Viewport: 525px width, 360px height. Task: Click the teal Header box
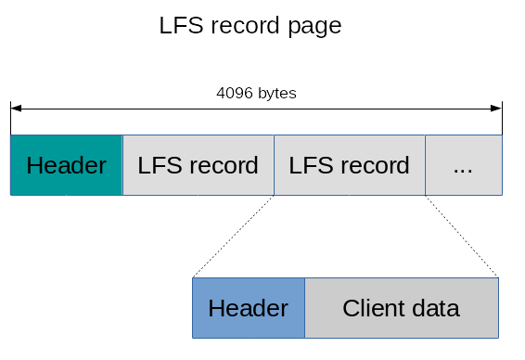(66, 165)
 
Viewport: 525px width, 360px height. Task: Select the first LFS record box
(198, 165)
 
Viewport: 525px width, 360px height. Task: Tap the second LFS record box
(350, 165)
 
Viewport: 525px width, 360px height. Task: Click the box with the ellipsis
(464, 165)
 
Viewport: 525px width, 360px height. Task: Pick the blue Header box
(248, 308)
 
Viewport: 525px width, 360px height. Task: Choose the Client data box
(401, 308)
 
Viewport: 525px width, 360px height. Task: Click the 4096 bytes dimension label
(256, 94)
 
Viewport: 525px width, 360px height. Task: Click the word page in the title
(313, 26)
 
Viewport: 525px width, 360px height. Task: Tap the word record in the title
(245, 26)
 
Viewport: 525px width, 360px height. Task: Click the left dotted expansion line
(234, 236)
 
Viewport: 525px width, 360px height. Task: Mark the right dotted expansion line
(462, 236)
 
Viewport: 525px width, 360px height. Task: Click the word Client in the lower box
(374, 308)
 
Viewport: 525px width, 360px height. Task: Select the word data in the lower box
(434, 308)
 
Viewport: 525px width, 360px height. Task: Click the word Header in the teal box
(66, 166)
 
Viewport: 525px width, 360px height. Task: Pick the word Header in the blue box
(248, 308)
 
